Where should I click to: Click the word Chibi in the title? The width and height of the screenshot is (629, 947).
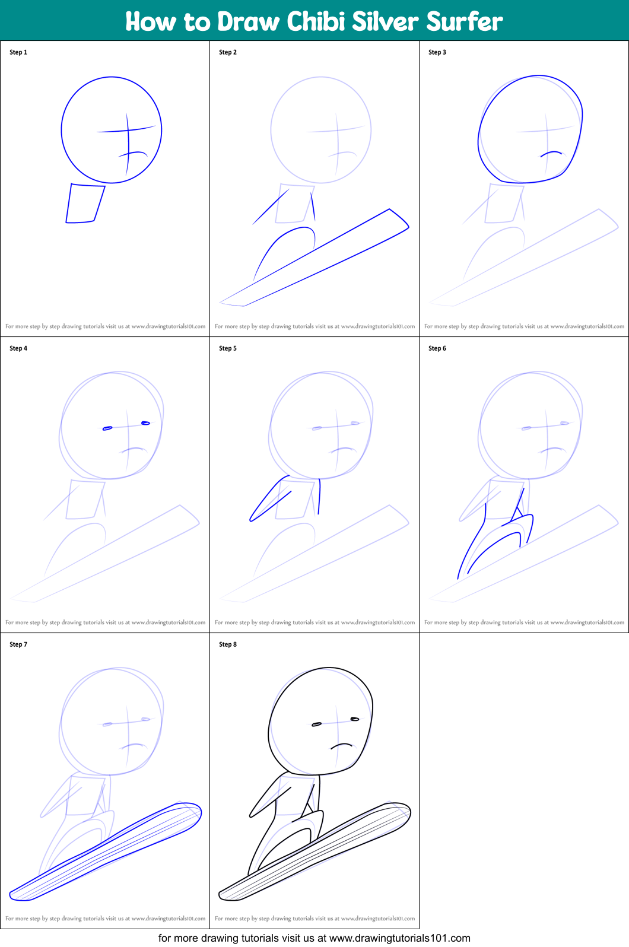pos(316,21)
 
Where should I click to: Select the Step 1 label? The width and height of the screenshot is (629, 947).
pos(18,52)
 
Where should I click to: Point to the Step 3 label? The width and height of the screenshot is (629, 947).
pos(437,52)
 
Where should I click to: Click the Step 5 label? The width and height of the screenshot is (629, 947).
pos(228,348)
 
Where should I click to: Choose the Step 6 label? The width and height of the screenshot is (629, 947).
pos(437,348)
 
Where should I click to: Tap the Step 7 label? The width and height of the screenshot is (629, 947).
pos(18,644)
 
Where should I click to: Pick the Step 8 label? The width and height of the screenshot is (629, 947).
pos(228,644)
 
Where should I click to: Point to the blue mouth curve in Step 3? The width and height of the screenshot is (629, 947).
pos(551,153)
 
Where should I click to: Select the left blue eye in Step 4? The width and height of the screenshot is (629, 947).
pos(107,428)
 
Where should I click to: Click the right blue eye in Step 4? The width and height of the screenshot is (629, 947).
pos(145,423)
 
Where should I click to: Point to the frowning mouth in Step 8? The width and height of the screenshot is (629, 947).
pos(342,745)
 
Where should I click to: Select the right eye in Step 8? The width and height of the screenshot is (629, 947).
pos(355,719)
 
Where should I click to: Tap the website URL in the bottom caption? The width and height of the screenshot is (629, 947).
pos(399,938)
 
